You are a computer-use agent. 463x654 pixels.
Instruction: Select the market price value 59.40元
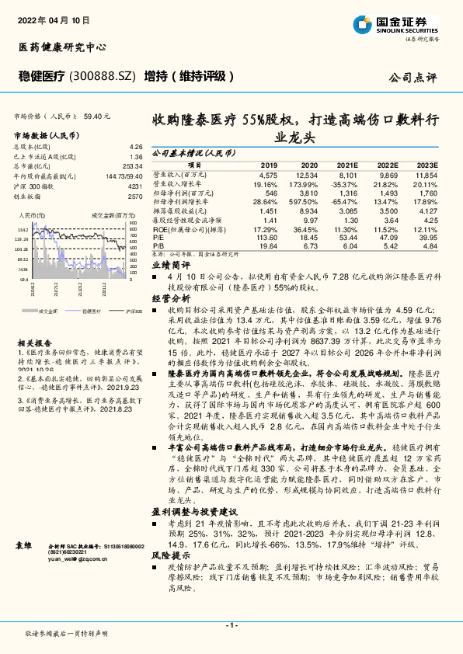coord(97,116)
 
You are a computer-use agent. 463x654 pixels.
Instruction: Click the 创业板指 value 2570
coord(135,197)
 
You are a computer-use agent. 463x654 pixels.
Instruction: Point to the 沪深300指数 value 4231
coord(135,186)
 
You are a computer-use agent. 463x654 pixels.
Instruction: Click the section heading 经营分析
coord(170,297)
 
